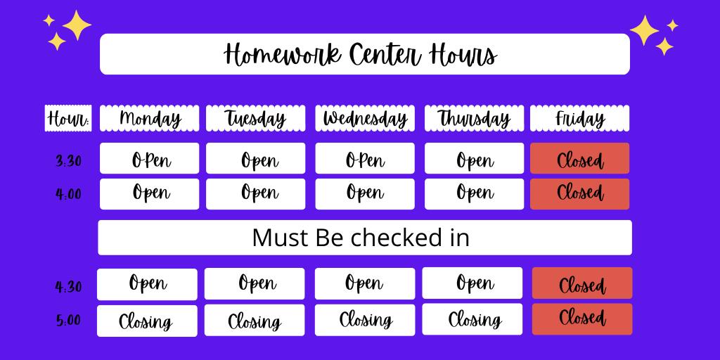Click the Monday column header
click(150, 118)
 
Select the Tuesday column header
click(255, 118)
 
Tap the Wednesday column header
click(365, 118)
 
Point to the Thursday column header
click(474, 118)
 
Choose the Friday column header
click(580, 118)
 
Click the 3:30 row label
click(68, 161)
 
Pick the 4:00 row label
click(68, 194)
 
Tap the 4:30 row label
click(68, 287)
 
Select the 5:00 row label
click(68, 320)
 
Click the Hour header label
click(68, 118)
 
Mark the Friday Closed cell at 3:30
click(580, 158)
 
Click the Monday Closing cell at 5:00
click(147, 321)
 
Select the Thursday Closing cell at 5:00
click(472, 319)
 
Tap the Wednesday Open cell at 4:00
click(365, 194)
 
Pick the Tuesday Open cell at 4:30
click(255, 284)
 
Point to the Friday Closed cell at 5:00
click(582, 319)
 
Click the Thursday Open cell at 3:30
click(475, 158)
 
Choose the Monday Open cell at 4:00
click(150, 194)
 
